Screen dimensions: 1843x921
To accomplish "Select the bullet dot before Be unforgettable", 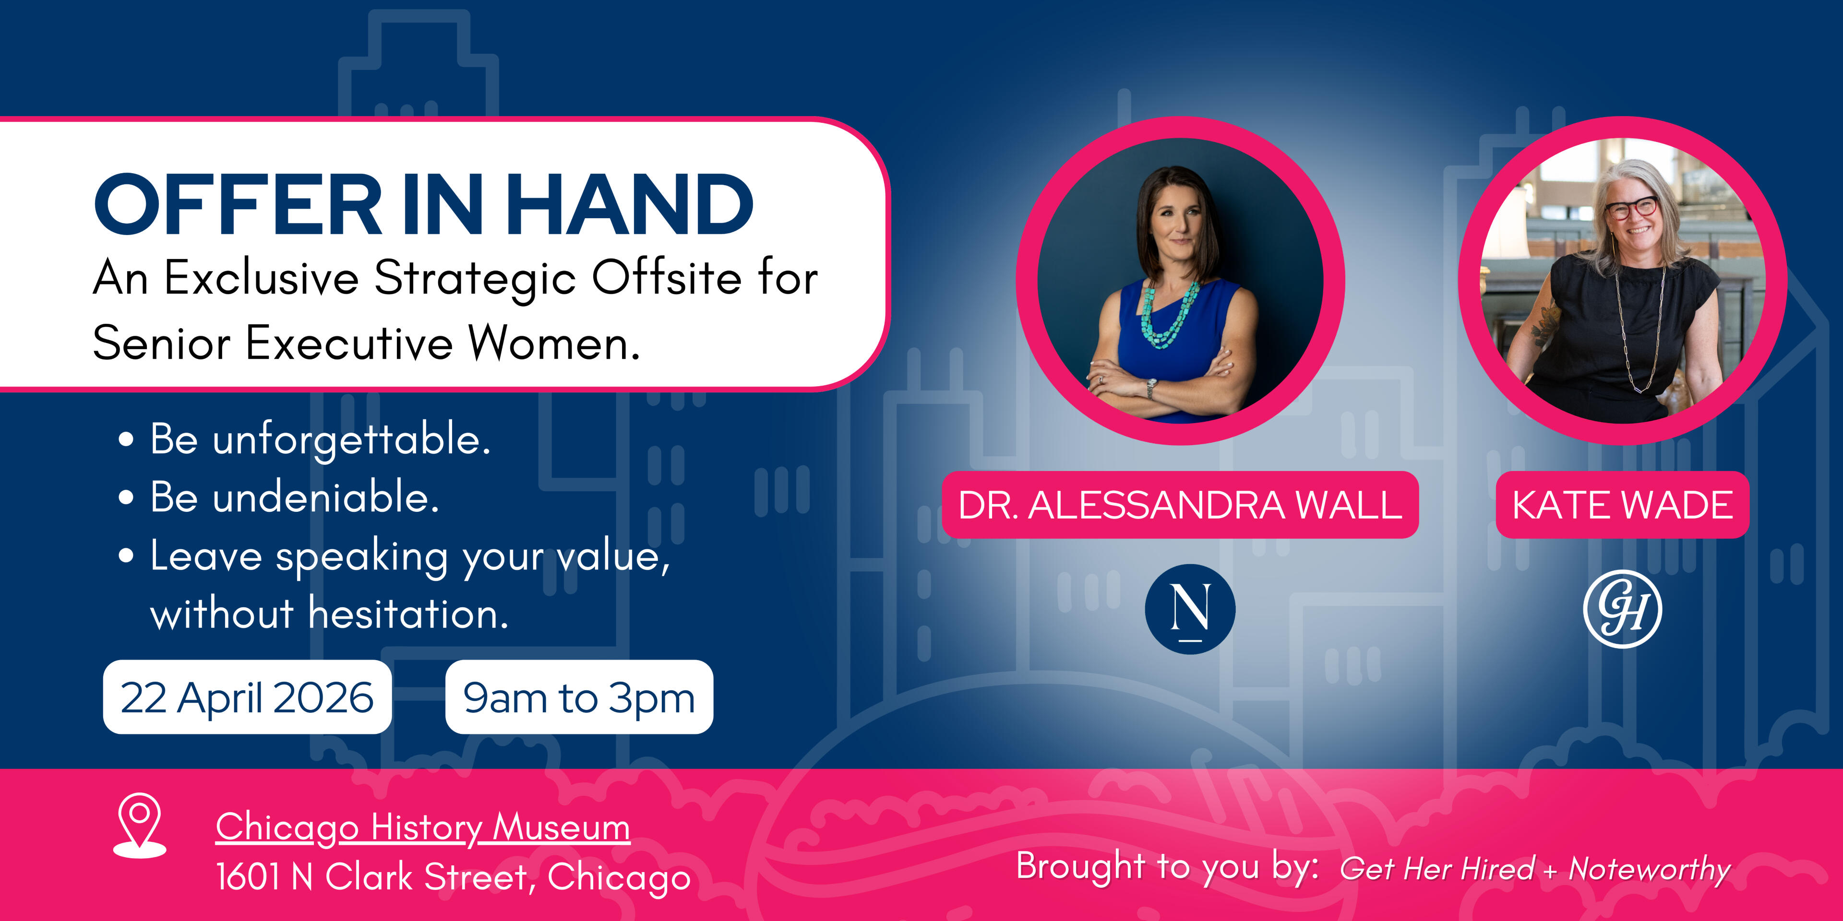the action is [x=126, y=439].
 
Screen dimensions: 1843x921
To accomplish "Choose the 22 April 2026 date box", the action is [x=248, y=697].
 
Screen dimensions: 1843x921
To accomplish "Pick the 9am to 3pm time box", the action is [x=579, y=697].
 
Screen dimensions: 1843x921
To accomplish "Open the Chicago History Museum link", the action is [x=423, y=828].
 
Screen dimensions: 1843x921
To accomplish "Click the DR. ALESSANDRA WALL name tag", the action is [x=1181, y=505].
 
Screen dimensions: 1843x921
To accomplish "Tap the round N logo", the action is [x=1190, y=609].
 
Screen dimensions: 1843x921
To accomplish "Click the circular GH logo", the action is [x=1623, y=609].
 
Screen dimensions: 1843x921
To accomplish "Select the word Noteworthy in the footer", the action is [x=1649, y=870].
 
